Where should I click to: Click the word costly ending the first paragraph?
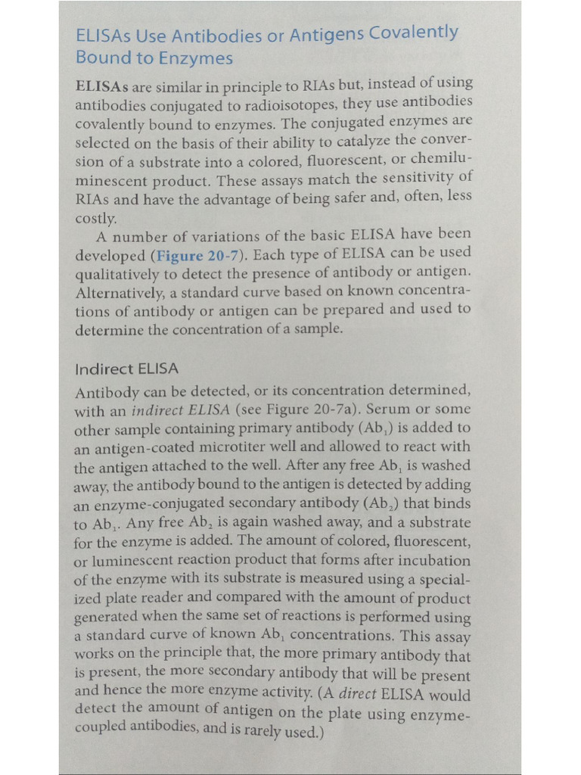[x=95, y=218]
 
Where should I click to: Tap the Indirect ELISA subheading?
[x=126, y=369]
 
